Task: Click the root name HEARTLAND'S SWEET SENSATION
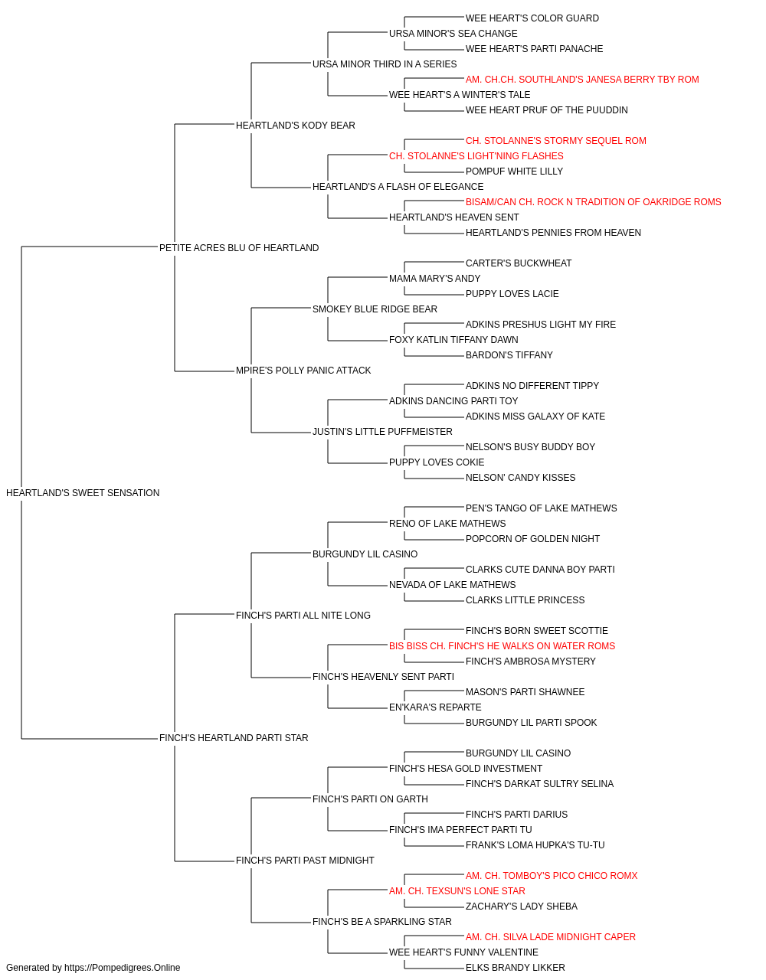point(83,493)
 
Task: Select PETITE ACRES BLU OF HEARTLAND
point(239,247)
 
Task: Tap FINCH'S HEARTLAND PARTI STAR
point(234,738)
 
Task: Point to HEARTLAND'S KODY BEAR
point(296,126)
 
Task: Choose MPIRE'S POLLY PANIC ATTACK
point(303,371)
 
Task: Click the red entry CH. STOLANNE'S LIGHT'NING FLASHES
point(476,156)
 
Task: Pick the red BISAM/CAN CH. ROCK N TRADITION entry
point(593,202)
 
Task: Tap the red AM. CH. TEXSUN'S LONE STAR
point(457,891)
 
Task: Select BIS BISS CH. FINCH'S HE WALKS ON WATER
point(502,646)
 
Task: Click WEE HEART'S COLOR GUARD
point(532,18)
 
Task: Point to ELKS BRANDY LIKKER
point(516,968)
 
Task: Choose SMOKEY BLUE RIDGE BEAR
point(375,309)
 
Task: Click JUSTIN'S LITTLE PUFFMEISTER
point(382,432)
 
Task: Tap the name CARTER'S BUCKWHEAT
point(519,263)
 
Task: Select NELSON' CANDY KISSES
point(521,478)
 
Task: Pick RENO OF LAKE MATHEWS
point(447,523)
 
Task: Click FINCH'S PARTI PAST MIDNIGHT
point(305,861)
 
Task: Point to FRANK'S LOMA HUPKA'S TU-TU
point(535,845)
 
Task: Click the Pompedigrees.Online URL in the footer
point(122,968)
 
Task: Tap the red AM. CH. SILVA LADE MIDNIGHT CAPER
point(550,937)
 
